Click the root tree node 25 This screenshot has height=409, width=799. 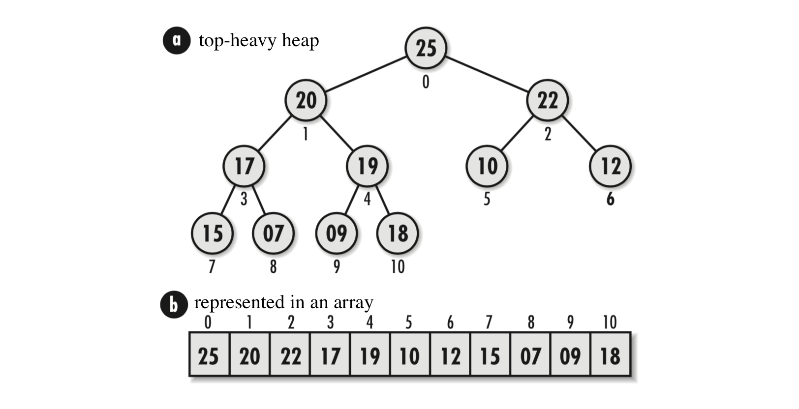click(426, 48)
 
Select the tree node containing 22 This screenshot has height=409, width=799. click(547, 100)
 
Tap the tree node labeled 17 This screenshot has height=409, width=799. click(244, 166)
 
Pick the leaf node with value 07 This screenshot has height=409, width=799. click(273, 233)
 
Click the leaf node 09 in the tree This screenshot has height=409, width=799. click(337, 233)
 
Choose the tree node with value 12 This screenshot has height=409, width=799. click(610, 166)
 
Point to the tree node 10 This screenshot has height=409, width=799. click(487, 166)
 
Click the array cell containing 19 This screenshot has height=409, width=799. click(370, 355)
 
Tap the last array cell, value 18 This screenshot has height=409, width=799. click(611, 355)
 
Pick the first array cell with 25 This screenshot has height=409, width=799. click(209, 355)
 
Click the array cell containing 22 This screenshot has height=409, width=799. click(290, 355)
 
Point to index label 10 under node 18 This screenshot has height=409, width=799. click(398, 267)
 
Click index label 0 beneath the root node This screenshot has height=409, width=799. click(426, 82)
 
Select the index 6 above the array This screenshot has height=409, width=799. click(450, 322)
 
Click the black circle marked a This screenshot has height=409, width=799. click(177, 40)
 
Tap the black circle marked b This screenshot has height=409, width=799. click(174, 304)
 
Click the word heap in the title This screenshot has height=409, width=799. click(300, 41)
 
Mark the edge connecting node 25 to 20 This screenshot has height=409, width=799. click(366, 74)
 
